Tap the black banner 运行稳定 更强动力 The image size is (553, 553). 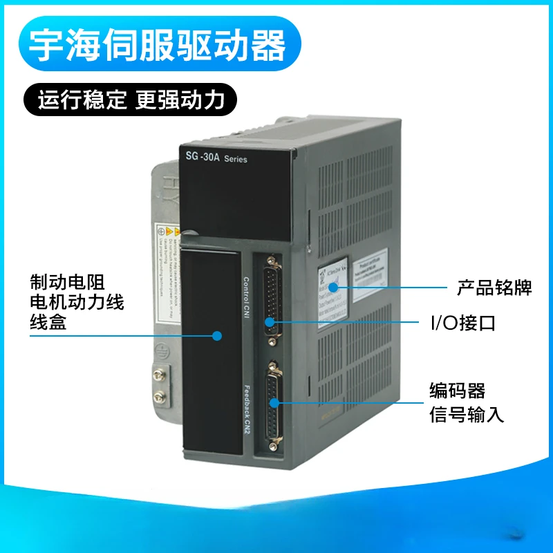coord(131,100)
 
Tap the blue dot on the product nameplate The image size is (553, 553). coord(333,286)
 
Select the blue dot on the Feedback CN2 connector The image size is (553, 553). coord(275,402)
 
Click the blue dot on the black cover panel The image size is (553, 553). coord(216,336)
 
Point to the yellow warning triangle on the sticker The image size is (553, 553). coord(162,231)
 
